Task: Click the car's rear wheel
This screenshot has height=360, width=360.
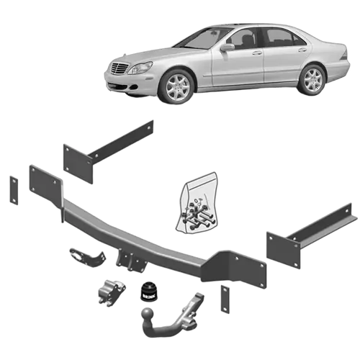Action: click(x=313, y=78)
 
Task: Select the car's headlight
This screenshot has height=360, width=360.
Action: click(x=140, y=68)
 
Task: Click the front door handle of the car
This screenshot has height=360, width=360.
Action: click(x=256, y=53)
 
